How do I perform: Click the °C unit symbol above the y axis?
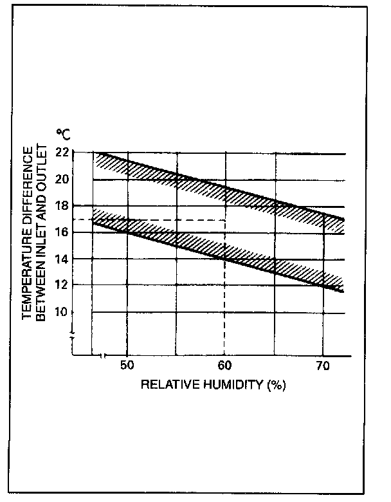tap(64, 135)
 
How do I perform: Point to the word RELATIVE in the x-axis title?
tap(163, 386)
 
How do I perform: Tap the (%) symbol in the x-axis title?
tap(275, 386)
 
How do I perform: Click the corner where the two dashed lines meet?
tap(224, 220)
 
